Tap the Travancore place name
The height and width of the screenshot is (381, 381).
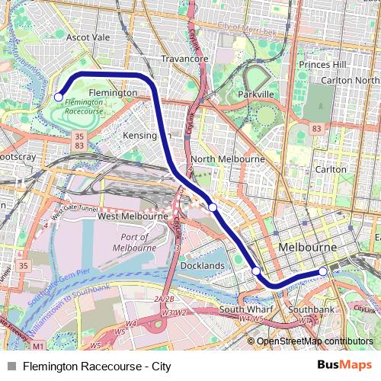184,58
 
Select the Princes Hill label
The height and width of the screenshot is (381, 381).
322,65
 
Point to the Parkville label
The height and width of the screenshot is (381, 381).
255,94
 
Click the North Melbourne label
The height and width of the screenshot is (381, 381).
228,159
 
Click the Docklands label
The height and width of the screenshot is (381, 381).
203,266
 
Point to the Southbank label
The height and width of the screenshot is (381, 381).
311,310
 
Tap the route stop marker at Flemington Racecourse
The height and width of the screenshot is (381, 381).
59,97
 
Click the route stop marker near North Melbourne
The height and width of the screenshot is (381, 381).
213,207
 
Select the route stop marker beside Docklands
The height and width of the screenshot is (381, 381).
256,271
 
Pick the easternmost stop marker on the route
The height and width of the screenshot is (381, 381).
323,271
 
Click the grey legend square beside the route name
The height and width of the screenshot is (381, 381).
12,367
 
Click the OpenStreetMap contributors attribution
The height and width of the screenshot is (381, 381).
315,341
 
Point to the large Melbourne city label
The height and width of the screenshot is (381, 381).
308,248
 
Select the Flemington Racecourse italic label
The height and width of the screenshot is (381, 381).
84,106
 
